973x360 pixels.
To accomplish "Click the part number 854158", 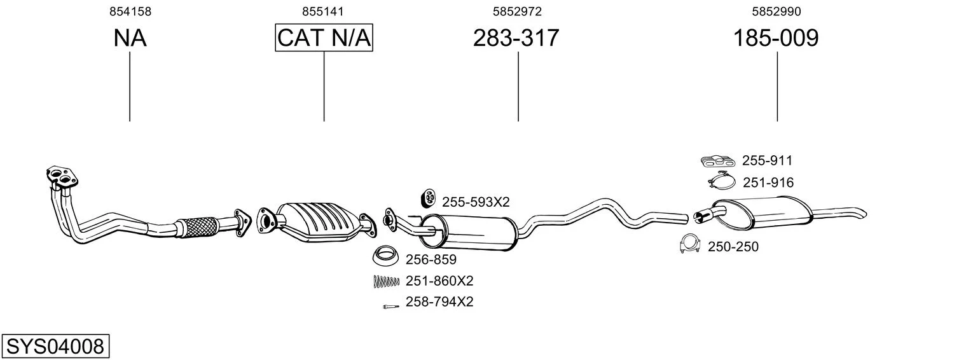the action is (130, 11).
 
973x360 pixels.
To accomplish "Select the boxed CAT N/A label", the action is (324, 38).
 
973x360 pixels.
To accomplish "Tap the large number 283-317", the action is (516, 38).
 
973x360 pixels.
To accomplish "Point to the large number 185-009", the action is (776, 38).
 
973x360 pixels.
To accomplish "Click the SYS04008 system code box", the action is (55, 346).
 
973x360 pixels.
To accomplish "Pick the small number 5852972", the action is (517, 11).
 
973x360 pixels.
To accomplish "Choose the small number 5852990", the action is (776, 11).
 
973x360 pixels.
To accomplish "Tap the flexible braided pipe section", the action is (198, 226).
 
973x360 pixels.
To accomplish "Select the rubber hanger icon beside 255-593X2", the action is (429, 199).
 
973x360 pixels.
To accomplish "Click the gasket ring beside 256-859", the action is (386, 256).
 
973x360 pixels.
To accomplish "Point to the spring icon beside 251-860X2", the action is (386, 282).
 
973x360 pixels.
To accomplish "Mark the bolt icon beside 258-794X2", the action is (391, 307).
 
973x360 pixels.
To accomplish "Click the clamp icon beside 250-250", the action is (690, 244).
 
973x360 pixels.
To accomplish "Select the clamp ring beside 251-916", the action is (722, 181).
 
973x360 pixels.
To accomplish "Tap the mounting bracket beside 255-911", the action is (717, 161).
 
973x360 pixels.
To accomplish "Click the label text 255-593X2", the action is (476, 202).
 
